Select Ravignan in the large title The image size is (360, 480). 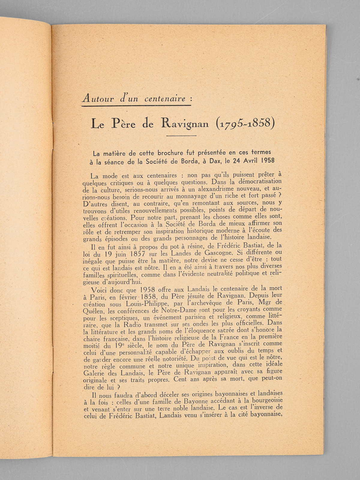(184, 124)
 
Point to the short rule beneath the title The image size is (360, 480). (181, 136)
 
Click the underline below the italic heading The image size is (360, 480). (136, 105)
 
